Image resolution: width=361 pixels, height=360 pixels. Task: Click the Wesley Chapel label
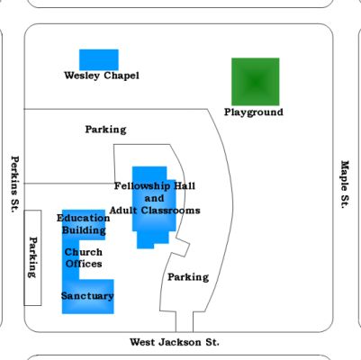pos(102,76)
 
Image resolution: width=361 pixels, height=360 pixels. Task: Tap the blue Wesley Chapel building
pos(99,59)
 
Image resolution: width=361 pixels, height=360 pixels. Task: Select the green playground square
pos(256,82)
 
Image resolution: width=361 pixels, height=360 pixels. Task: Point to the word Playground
pos(254,112)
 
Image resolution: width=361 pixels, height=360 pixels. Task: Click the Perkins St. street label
pos(15,184)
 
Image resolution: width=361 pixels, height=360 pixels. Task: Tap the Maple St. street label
pos(345,184)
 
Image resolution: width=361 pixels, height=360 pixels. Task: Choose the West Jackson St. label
pos(175,342)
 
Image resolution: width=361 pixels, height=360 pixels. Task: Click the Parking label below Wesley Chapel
pos(105,130)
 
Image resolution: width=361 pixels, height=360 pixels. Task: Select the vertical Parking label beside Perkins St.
pos(32,257)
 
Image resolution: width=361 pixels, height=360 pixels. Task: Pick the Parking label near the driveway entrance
pos(188,277)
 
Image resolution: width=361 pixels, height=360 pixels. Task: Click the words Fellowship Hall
pos(155,186)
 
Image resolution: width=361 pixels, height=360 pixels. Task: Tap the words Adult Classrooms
pos(155,211)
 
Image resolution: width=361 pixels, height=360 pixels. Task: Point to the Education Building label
pos(84,224)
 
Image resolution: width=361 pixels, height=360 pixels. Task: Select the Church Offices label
pos(84,258)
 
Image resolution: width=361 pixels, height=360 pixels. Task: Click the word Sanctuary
pos(87,296)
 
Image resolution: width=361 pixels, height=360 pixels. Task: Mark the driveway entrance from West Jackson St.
pos(185,322)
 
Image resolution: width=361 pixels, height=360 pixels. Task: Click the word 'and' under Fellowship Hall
pos(155,198)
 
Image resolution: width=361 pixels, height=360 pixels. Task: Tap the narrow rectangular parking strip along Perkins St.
pos(32,257)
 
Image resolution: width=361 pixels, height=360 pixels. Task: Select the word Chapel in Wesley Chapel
pos(122,76)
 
